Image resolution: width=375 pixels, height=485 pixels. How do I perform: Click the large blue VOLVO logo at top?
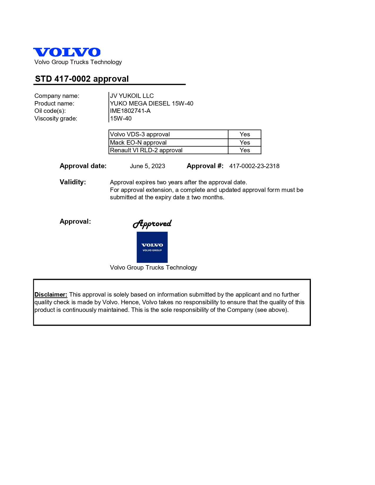click(x=67, y=52)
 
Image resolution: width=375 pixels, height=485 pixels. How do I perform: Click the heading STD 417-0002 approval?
click(x=82, y=79)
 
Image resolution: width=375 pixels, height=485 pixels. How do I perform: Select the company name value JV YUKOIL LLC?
click(x=132, y=96)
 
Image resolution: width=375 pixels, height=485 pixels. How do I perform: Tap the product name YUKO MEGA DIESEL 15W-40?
click(x=151, y=103)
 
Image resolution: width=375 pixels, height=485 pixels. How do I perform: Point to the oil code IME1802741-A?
click(x=130, y=111)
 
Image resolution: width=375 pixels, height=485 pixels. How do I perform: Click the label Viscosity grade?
click(x=56, y=118)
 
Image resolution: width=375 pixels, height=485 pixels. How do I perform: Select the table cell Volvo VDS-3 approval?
click(x=140, y=134)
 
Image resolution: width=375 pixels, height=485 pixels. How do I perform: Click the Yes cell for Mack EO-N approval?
click(x=245, y=143)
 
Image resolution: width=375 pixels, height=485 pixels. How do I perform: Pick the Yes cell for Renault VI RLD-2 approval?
click(x=245, y=150)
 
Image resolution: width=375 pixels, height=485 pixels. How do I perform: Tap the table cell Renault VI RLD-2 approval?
click(x=146, y=150)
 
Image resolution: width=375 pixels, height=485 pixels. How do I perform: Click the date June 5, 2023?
click(x=147, y=166)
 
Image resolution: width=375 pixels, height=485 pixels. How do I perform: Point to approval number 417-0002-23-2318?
click(x=254, y=166)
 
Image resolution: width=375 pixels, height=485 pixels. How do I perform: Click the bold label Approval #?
click(x=205, y=166)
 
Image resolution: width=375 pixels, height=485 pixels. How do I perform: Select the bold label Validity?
click(x=73, y=182)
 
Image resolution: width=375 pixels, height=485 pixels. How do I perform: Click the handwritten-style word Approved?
click(x=152, y=224)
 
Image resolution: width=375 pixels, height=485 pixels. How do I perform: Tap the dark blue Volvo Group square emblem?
click(x=152, y=247)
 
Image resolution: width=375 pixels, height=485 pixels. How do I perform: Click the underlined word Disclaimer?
click(x=51, y=295)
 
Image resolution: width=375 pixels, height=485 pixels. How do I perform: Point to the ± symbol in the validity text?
click(x=188, y=197)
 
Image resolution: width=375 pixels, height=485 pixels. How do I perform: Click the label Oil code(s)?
click(x=50, y=111)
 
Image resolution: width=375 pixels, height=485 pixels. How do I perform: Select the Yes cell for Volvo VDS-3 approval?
click(x=245, y=134)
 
